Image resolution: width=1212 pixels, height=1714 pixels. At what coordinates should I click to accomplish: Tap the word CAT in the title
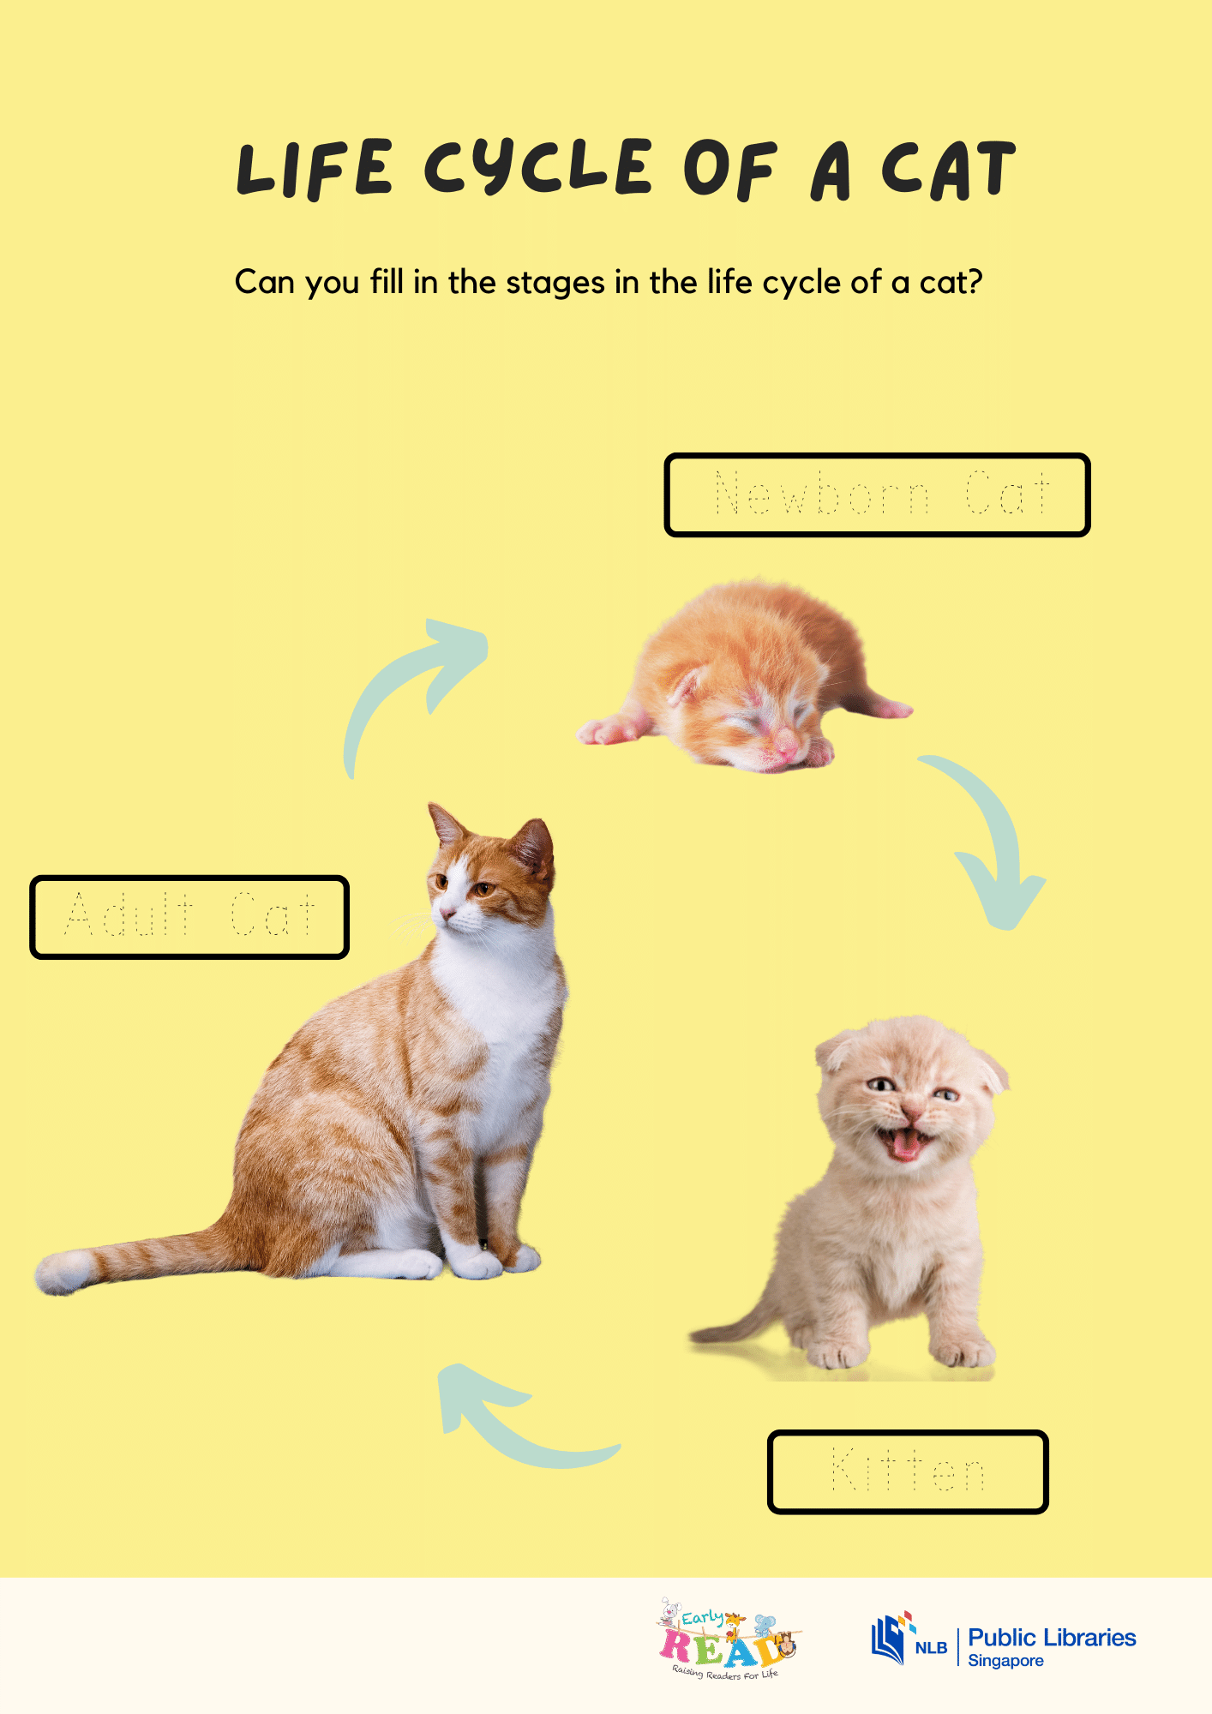(x=948, y=171)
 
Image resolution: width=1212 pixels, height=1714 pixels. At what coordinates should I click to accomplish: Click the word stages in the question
(x=555, y=283)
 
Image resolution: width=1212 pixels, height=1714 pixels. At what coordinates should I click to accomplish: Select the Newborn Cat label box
(x=877, y=495)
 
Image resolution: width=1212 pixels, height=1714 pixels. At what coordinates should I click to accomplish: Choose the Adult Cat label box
(x=189, y=917)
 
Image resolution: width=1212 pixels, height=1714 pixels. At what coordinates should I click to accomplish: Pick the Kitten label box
(x=908, y=1471)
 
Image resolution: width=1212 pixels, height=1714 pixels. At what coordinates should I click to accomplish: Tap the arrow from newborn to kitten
(x=994, y=840)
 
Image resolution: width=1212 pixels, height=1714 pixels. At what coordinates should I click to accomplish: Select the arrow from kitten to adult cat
(x=514, y=1423)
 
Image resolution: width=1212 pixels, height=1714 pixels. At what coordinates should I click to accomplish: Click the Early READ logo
(x=728, y=1639)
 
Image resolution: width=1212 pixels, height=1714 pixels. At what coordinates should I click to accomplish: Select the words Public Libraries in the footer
(x=1052, y=1638)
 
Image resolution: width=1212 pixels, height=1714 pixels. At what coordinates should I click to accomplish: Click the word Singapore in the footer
(x=1005, y=1661)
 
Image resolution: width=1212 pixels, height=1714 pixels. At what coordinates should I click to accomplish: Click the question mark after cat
(x=973, y=283)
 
